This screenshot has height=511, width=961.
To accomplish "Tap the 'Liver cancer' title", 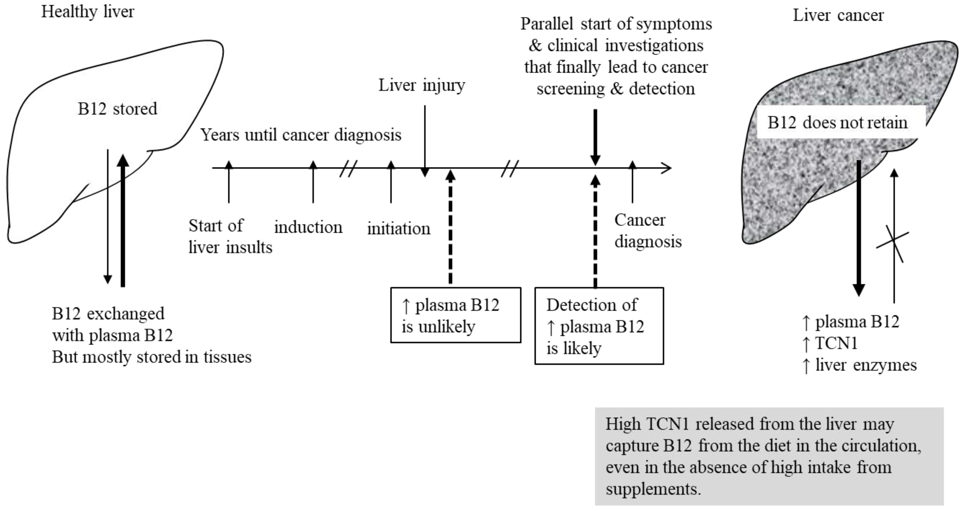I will tap(838, 16).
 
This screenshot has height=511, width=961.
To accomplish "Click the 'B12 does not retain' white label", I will tap(837, 123).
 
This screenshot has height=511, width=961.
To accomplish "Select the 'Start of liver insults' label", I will tap(230, 237).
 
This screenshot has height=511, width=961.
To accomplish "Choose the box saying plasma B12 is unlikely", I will tap(455, 315).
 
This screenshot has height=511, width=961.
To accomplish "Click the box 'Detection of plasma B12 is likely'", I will tap(599, 326).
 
